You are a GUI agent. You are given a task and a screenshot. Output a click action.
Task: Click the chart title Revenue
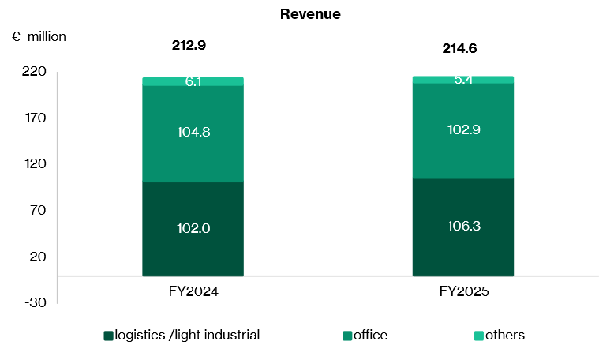[x=310, y=14]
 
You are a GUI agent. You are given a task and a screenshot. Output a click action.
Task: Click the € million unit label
[x=39, y=36]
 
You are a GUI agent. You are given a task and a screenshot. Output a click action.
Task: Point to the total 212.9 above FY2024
[x=189, y=45]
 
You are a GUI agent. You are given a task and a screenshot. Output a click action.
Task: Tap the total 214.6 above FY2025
[x=459, y=48]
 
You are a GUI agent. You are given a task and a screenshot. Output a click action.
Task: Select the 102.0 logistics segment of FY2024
[x=193, y=228]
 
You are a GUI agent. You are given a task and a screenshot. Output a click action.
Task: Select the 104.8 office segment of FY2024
[x=193, y=133]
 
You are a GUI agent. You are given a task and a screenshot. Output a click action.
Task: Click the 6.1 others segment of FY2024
[x=193, y=81]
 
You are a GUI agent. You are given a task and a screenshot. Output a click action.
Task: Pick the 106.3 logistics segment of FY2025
[x=463, y=227]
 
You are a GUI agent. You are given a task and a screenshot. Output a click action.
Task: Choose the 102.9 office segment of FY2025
[x=463, y=129]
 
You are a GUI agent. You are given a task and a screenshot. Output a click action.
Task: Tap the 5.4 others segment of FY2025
[x=463, y=80]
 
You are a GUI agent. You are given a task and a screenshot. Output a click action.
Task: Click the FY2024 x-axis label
[x=193, y=291]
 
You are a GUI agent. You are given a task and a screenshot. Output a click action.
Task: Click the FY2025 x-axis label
[x=463, y=291]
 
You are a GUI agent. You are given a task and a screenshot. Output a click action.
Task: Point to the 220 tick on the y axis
[x=36, y=72]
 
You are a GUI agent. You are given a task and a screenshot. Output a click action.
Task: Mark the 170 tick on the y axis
[x=36, y=118]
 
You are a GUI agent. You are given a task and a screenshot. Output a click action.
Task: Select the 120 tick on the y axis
[x=36, y=164]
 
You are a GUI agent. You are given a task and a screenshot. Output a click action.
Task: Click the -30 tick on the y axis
[x=36, y=302]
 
